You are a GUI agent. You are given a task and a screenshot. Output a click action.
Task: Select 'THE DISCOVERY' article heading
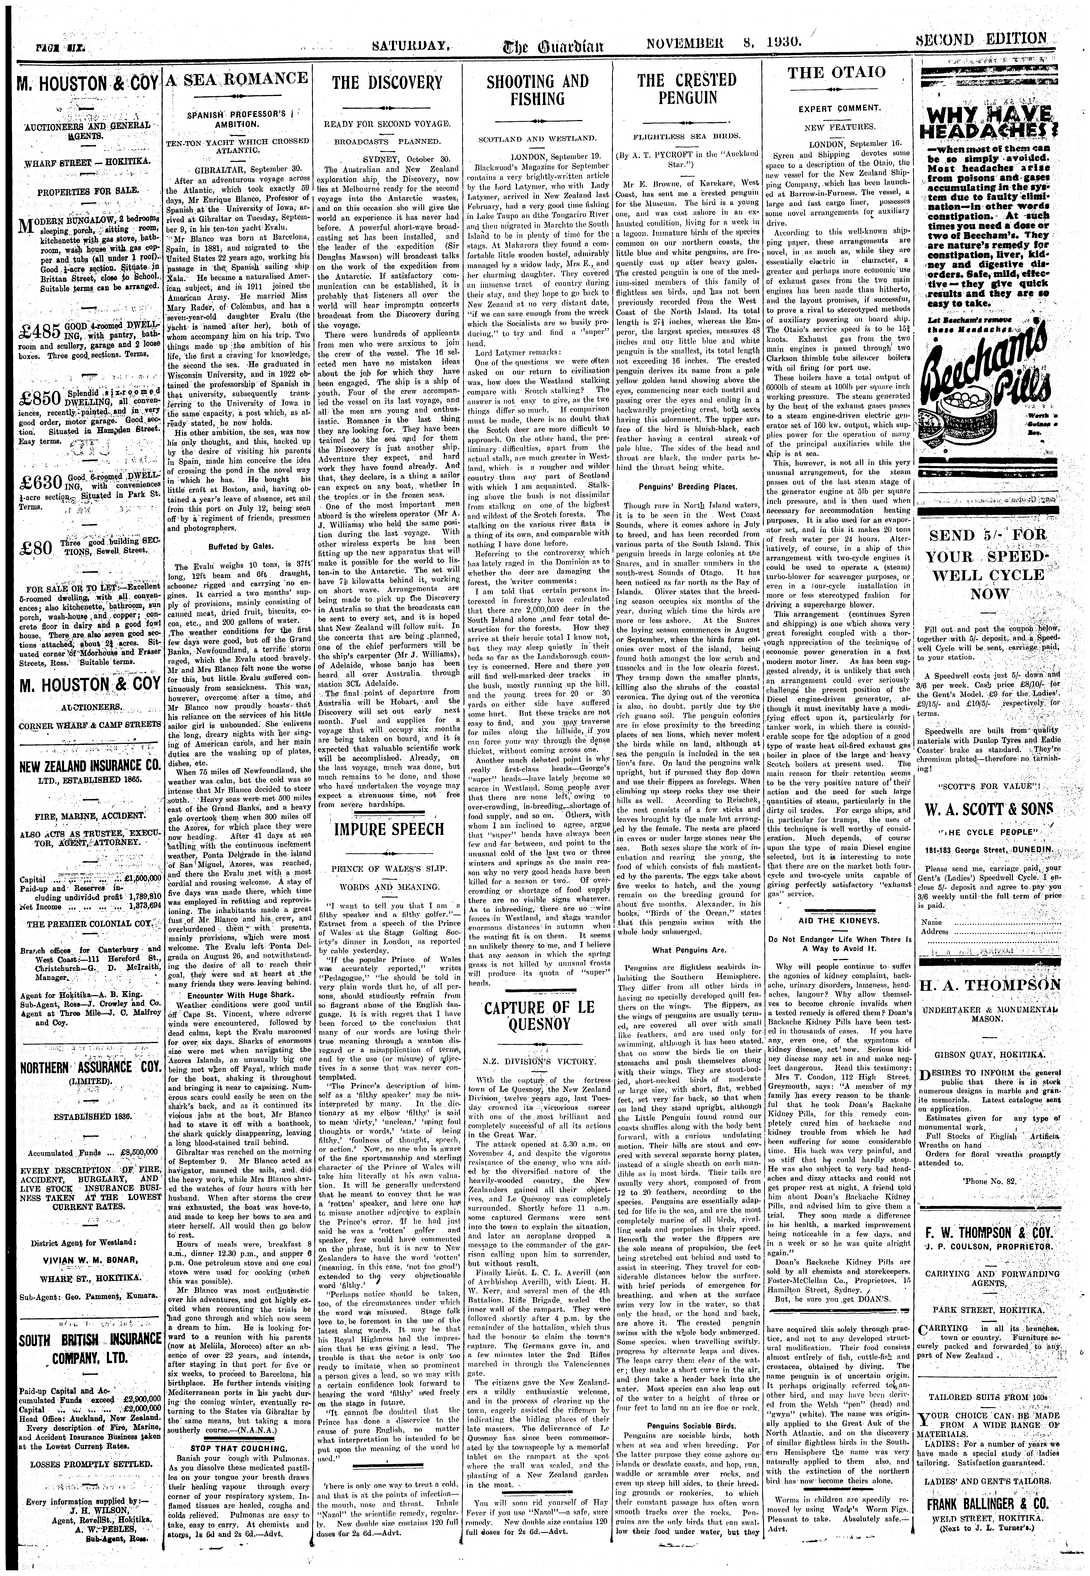[x=386, y=83]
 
